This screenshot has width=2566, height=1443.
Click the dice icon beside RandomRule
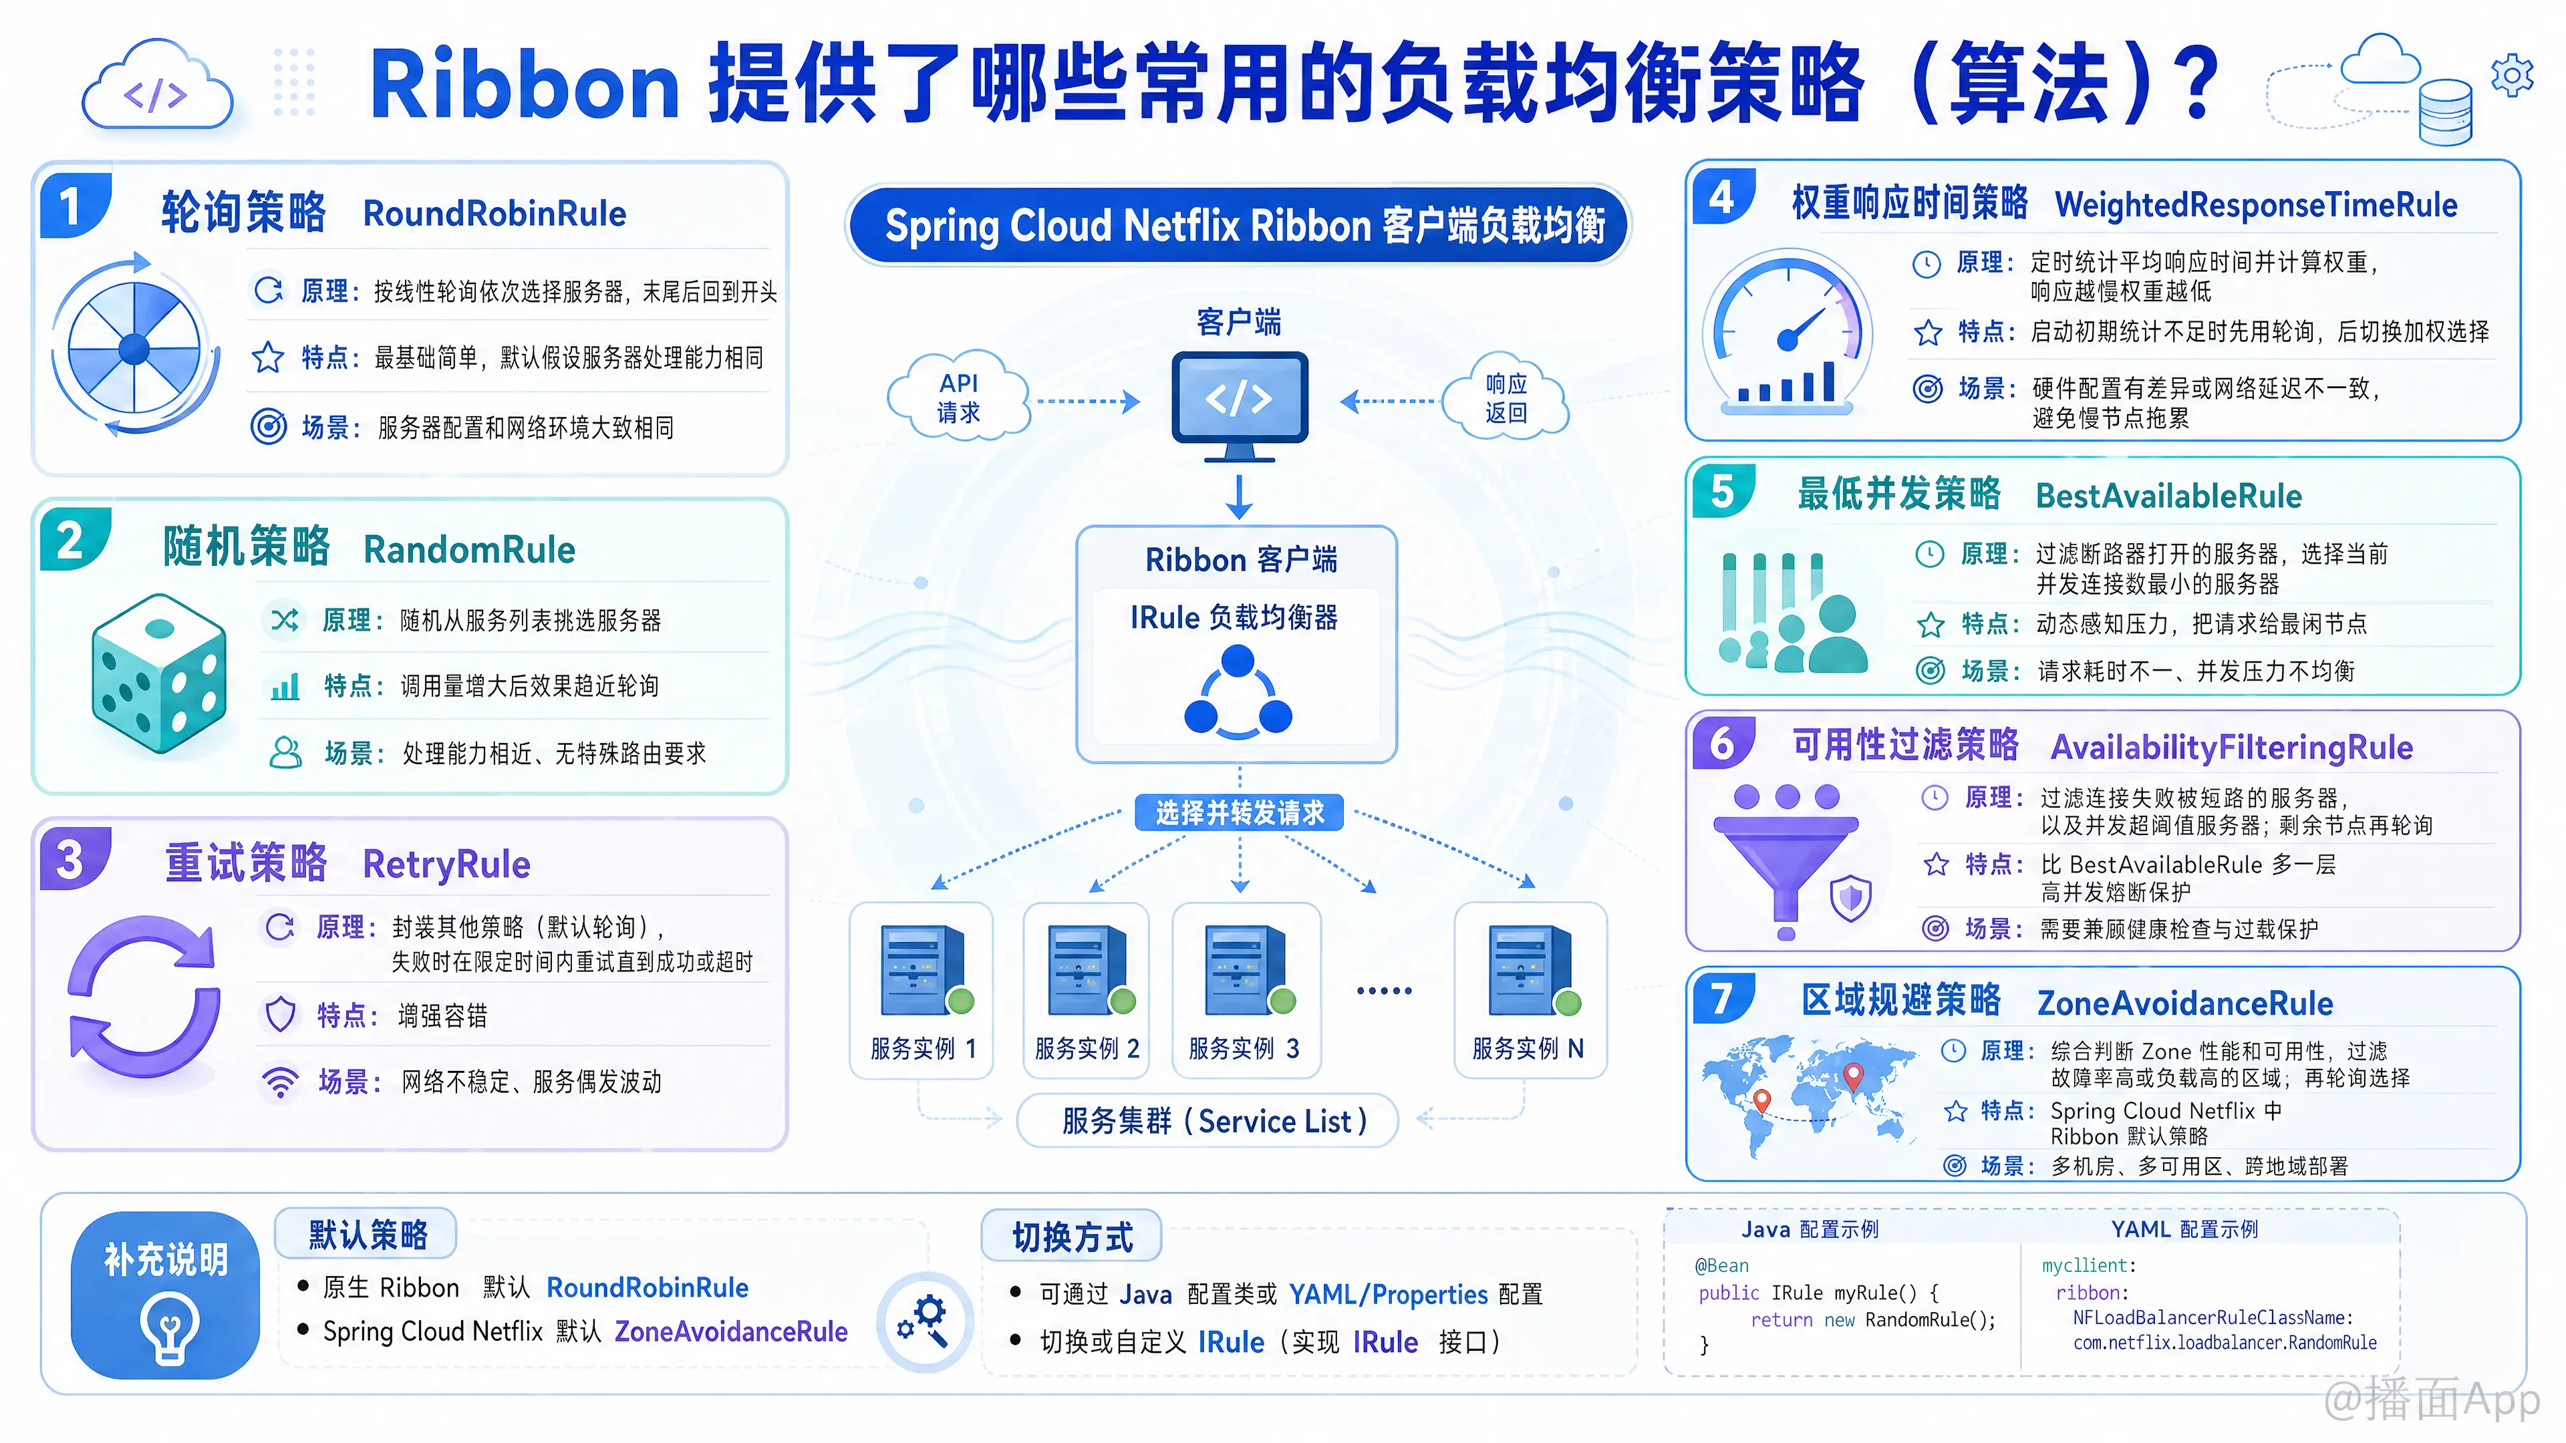point(160,673)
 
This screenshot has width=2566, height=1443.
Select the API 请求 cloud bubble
point(958,396)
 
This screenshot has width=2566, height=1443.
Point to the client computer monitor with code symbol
point(1239,406)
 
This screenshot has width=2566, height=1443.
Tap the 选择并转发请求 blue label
point(1239,812)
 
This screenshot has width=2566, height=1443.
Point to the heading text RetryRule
point(446,864)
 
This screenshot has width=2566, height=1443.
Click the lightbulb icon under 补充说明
point(169,1327)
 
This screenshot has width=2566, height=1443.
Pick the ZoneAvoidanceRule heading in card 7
point(2184,1003)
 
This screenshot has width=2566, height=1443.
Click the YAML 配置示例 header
point(2184,1229)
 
